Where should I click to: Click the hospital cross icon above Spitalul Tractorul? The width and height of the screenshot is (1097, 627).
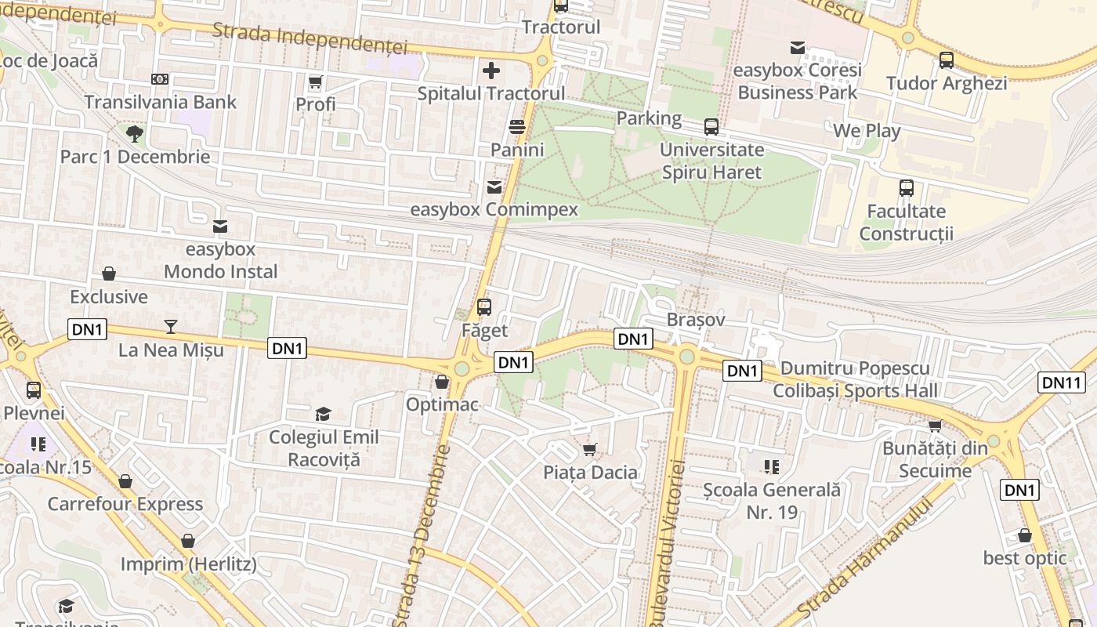coord(491,71)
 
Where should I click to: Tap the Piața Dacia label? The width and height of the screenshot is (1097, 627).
coord(590,472)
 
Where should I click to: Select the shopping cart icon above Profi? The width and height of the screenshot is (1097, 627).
coord(316,82)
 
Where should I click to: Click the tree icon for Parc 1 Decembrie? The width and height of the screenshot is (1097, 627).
coord(135,133)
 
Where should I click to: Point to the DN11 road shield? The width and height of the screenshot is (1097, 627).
coord(1062,382)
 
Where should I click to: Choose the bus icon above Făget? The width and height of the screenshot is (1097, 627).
coord(484,306)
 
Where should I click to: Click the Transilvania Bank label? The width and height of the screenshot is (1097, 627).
coord(160,102)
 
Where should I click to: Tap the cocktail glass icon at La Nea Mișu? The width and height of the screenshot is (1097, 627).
coord(171,327)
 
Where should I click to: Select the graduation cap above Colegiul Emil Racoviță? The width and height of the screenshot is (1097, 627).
coord(323,414)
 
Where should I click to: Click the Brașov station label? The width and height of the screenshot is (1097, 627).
coord(696,320)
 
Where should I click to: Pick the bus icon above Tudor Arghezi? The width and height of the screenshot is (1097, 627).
coord(947,60)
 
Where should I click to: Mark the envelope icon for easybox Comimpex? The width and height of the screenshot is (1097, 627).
coord(494,187)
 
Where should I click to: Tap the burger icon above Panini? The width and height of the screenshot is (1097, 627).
coord(517,127)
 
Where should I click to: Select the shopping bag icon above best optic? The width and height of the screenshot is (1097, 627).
coord(1025,536)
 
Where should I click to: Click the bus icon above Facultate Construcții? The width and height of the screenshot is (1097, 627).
coord(907,188)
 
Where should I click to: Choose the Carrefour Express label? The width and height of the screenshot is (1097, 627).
coord(125,503)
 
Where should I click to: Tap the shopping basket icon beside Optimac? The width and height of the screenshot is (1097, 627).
coord(442,382)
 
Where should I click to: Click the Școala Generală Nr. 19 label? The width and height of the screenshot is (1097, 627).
coord(771,501)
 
